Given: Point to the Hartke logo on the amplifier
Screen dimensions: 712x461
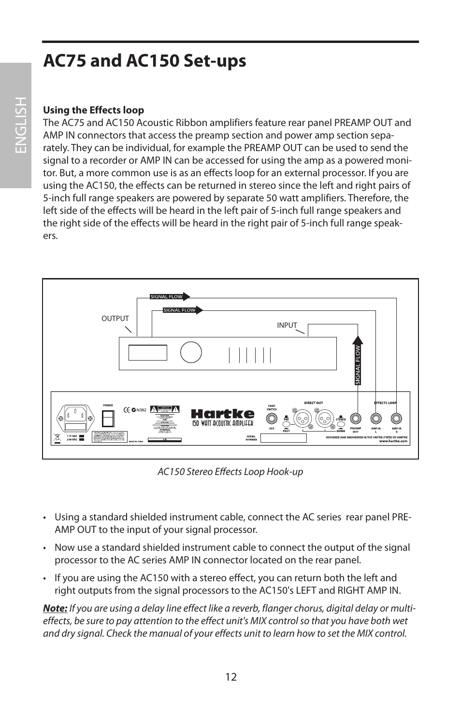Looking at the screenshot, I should pyautogui.click(x=222, y=414).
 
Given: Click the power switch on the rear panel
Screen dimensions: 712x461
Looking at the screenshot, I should pyautogui.click(x=108, y=418).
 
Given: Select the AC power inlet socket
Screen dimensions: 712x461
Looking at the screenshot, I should pyautogui.click(x=75, y=415).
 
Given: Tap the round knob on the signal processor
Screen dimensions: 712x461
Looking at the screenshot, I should pyautogui.click(x=191, y=352).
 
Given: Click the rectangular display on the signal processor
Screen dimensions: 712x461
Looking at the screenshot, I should pyautogui.click(x=148, y=353).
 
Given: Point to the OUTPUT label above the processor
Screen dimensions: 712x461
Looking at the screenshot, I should pyautogui.click(x=115, y=319).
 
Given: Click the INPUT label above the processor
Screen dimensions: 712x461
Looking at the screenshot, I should pyautogui.click(x=287, y=325).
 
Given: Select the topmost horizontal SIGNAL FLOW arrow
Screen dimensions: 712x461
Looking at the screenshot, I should pyautogui.click(x=169, y=296).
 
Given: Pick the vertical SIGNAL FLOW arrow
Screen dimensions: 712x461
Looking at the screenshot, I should pyautogui.click(x=358, y=362).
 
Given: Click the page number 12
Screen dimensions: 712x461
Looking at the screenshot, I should pyautogui.click(x=230, y=677).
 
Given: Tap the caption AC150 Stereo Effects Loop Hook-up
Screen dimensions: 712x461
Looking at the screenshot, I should pyautogui.click(x=230, y=472).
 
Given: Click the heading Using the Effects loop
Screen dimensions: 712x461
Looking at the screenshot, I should pyautogui.click(x=94, y=110).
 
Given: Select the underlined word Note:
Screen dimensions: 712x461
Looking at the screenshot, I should pyautogui.click(x=55, y=608).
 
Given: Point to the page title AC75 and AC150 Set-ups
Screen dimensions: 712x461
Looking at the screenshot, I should pyautogui.click(x=144, y=61).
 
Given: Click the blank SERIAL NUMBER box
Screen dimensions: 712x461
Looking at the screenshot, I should pyautogui.click(x=284, y=438).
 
